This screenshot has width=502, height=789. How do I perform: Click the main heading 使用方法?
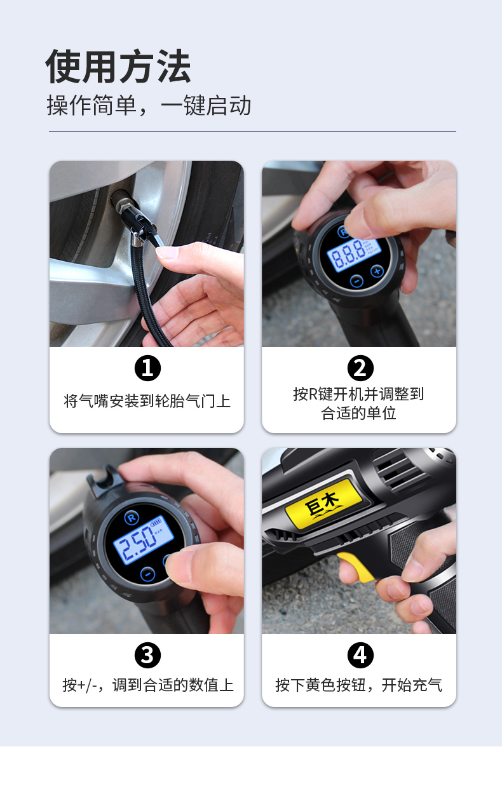[118, 66]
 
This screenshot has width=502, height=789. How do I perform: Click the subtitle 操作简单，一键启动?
[149, 105]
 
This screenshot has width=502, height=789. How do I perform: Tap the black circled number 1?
[147, 368]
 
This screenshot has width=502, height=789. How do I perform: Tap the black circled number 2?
[360, 368]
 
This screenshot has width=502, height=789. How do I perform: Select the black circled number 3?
[147, 655]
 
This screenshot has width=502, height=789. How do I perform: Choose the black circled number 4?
[360, 655]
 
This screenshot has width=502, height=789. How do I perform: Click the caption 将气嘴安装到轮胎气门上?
[147, 401]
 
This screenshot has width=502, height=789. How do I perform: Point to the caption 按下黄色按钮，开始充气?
[358, 685]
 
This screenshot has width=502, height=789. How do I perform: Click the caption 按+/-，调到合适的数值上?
[148, 685]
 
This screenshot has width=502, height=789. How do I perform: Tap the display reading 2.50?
[144, 540]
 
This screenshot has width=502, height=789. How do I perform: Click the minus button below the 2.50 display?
[147, 574]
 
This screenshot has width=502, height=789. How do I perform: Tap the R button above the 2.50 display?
[132, 518]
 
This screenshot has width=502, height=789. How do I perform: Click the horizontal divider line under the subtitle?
[252, 131]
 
